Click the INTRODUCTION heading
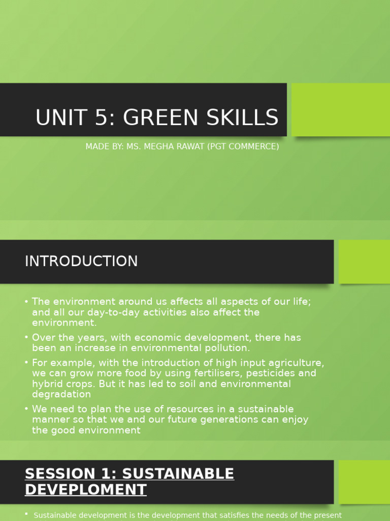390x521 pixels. pyautogui.click(x=81, y=262)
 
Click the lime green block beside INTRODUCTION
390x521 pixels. pyautogui.click(x=364, y=262)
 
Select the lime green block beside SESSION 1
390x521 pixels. pyautogui.click(x=364, y=481)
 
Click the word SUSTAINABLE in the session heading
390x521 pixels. pyautogui.click(x=179, y=474)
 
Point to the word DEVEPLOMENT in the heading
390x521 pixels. pyautogui.click(x=86, y=490)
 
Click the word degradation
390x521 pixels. pyautogui.click(x=61, y=394)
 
